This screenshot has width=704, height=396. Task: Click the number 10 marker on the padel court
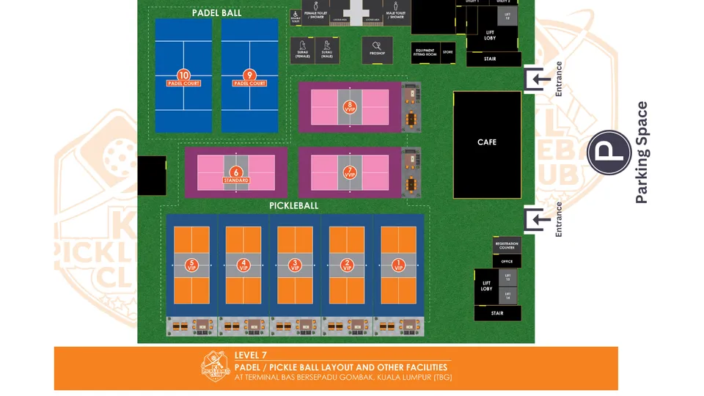coord(183,76)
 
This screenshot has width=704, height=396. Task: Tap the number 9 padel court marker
coord(249,76)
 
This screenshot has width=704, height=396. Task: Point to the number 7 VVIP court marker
coord(350,172)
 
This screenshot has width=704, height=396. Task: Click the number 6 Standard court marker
coord(236,172)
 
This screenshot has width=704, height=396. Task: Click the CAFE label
coord(487,142)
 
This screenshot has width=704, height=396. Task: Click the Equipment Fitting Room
coord(425,53)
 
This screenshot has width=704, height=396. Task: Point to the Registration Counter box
coord(507,246)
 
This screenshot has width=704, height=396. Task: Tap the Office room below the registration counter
coord(507,260)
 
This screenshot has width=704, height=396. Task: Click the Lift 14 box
coord(507,296)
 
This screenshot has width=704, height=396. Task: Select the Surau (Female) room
coord(304,51)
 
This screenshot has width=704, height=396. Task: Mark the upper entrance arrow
coord(540,79)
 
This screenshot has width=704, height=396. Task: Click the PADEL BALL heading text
coord(216,12)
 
